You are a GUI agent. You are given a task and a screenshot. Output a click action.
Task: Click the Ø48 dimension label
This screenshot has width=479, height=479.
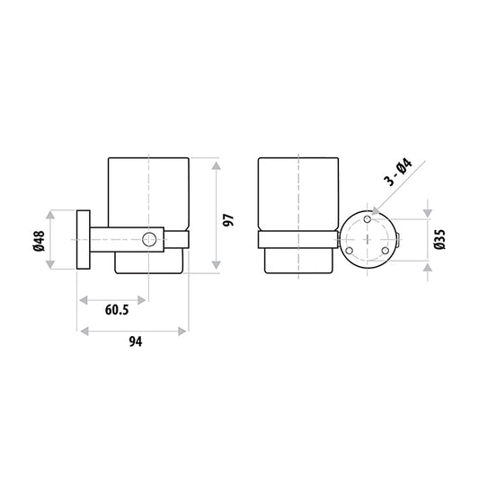click(40, 241)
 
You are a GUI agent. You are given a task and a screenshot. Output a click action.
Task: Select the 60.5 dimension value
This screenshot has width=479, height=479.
click(117, 310)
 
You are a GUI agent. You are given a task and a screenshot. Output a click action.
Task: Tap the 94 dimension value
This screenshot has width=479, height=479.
click(136, 342)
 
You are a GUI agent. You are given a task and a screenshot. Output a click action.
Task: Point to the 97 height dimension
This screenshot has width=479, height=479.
click(228, 220)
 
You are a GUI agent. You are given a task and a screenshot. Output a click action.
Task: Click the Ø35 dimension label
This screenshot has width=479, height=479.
click(440, 239)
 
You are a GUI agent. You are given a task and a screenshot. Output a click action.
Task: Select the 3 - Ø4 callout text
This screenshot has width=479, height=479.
click(399, 173)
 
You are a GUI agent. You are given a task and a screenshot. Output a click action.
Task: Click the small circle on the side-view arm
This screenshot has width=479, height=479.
click(149, 239)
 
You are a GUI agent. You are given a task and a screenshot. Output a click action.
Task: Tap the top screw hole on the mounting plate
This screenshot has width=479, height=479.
click(368, 218)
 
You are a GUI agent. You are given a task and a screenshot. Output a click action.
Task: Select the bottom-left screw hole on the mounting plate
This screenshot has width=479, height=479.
click(349, 251)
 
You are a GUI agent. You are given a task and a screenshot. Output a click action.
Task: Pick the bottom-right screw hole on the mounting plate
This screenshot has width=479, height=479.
click(386, 251)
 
